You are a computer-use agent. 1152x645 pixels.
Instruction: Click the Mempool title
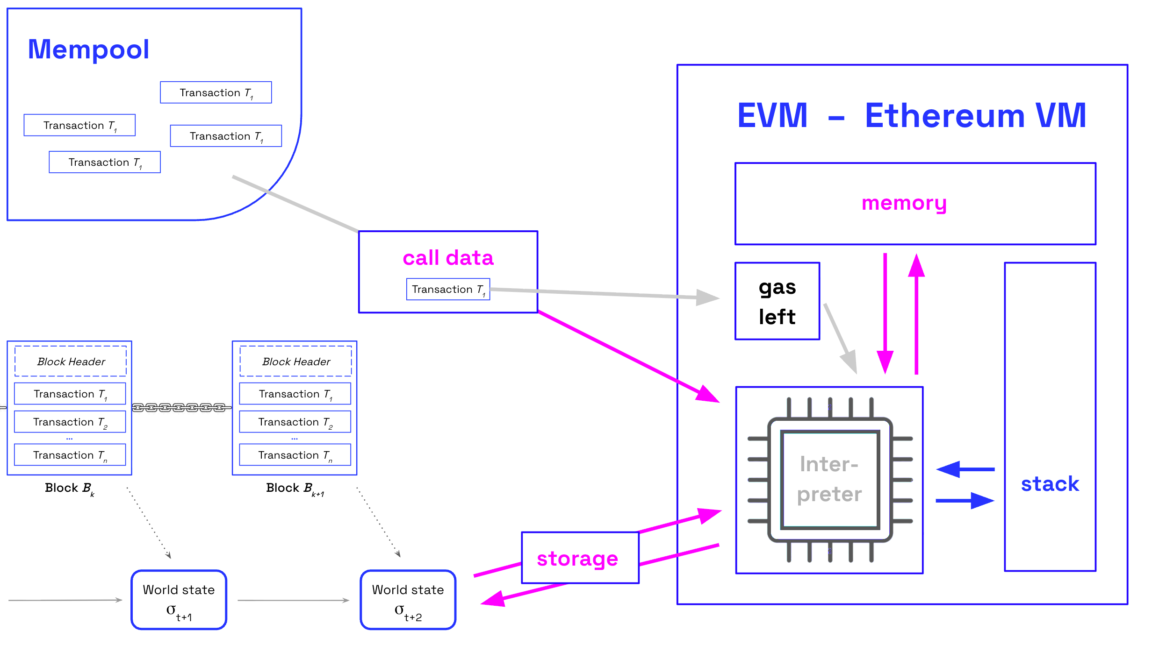tap(88, 50)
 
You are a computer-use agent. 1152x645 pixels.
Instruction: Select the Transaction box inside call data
tap(448, 290)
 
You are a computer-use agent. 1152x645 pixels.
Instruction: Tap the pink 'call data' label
tap(448, 258)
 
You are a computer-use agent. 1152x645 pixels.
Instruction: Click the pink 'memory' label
tap(904, 203)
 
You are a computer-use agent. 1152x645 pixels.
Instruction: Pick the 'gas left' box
tap(777, 301)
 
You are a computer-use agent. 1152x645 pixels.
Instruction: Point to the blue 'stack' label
tap(1050, 484)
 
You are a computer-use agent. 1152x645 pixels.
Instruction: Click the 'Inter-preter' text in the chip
tap(829, 479)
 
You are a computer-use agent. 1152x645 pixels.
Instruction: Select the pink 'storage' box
tap(580, 558)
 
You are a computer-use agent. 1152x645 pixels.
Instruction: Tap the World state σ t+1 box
tap(179, 600)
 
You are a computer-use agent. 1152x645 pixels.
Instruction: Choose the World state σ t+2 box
tap(408, 600)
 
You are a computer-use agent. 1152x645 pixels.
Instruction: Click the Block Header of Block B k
tap(71, 361)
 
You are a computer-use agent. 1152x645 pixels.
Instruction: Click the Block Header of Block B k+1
tap(295, 361)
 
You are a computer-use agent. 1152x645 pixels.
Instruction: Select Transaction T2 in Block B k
tap(70, 422)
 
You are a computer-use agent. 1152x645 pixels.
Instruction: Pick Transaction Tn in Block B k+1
tap(295, 455)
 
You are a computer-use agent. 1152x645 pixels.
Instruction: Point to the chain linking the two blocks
tap(181, 408)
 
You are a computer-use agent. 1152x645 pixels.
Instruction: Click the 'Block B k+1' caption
tap(295, 489)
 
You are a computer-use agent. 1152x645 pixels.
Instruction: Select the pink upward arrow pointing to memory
tap(916, 313)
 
